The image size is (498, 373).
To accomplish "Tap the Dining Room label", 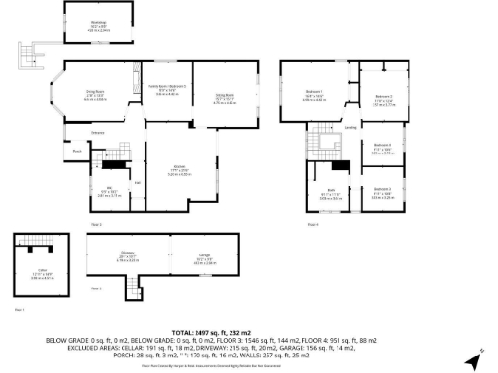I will click(x=94, y=94).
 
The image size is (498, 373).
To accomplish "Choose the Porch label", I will click(x=76, y=151).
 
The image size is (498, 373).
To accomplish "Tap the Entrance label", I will click(x=98, y=132).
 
